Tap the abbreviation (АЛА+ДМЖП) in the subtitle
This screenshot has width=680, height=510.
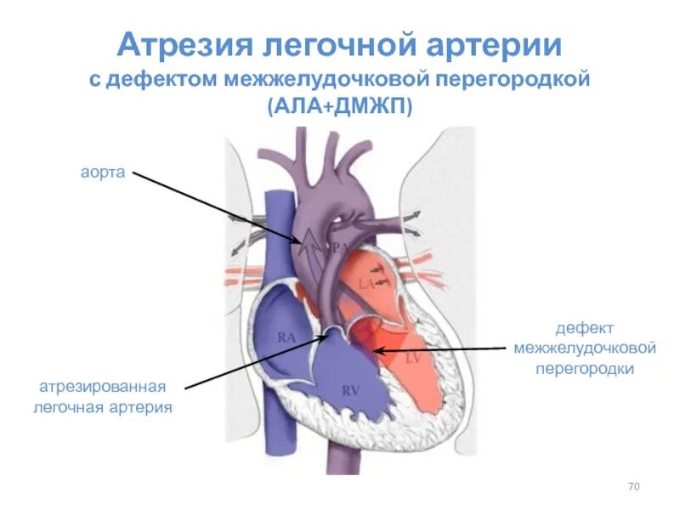339,106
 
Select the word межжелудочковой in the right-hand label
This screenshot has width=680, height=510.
585,348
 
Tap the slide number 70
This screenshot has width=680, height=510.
633,487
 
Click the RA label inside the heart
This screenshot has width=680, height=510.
286,337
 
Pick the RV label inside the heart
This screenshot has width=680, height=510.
350,390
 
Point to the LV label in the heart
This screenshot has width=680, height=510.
413,358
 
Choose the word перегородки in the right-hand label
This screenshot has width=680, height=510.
585,370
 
